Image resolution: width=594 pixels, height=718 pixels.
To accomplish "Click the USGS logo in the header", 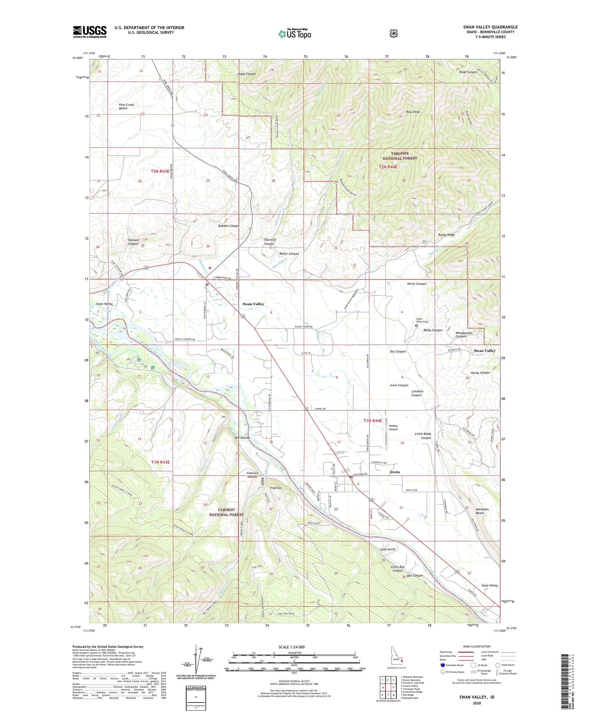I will (90, 32).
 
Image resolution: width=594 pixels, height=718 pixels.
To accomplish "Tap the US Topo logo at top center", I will (294, 34).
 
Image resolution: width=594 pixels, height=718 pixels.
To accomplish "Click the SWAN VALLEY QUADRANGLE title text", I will (490, 27).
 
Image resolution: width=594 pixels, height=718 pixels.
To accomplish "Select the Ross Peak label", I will (413, 112).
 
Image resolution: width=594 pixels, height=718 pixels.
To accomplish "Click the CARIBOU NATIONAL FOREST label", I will (226, 512).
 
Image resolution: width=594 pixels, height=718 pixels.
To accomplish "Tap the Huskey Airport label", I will (393, 428).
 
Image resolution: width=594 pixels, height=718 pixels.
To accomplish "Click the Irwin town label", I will (395, 472).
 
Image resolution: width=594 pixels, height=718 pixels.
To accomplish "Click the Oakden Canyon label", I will (229, 226).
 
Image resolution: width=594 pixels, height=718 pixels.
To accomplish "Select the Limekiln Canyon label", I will (417, 393).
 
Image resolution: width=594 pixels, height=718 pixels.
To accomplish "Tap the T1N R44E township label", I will (372, 421).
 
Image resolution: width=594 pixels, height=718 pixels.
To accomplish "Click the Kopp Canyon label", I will (247, 74).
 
